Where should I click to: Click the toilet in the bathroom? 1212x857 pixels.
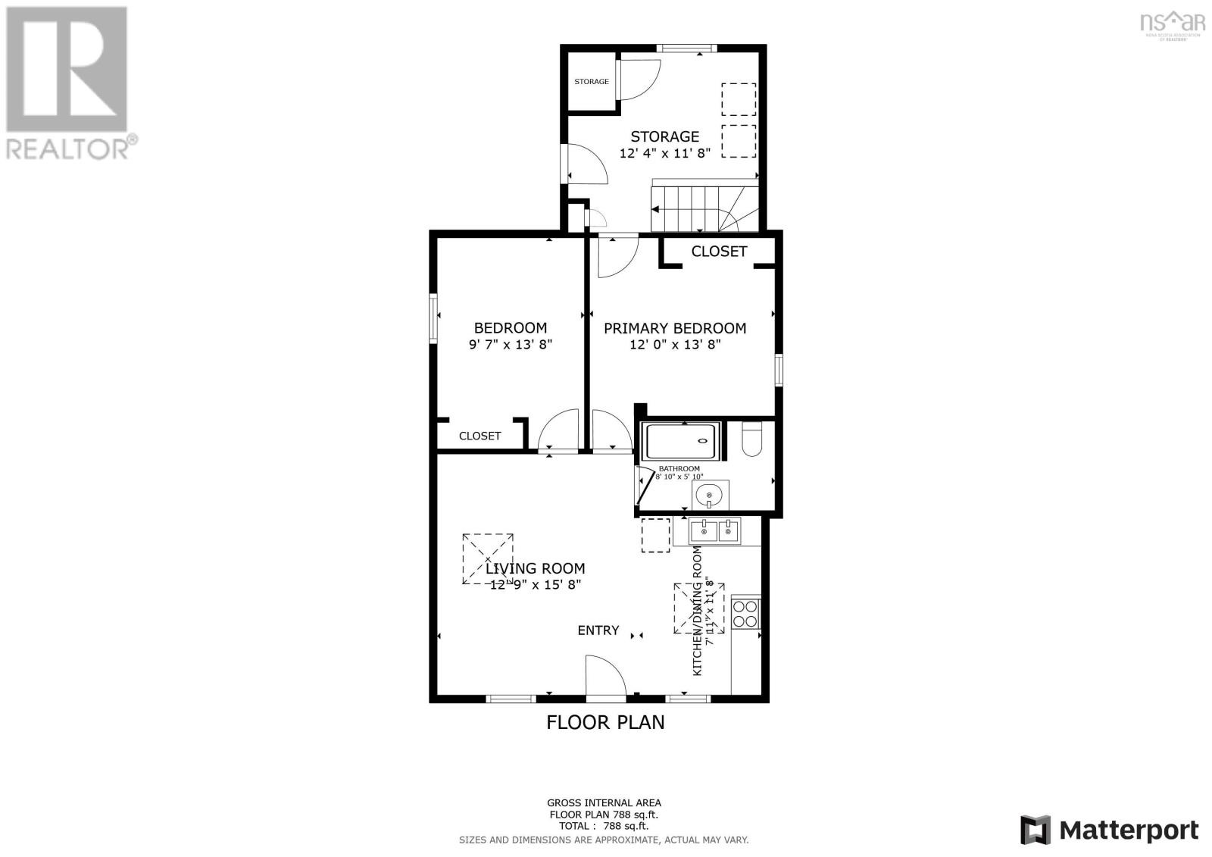tap(751, 439)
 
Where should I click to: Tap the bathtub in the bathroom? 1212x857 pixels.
tap(679, 441)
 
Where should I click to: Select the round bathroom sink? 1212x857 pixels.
tap(709, 496)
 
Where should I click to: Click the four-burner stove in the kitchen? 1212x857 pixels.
tap(745, 613)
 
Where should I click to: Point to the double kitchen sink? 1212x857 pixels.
tap(716, 531)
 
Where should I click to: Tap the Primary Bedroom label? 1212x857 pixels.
tap(674, 328)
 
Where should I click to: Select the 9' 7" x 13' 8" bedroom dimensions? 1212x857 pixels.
tap(511, 344)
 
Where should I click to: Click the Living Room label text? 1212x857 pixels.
tap(535, 568)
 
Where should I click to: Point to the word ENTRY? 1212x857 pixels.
tap(598, 630)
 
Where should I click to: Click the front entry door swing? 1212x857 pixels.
tap(604, 676)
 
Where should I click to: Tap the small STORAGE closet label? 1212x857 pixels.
tap(591, 82)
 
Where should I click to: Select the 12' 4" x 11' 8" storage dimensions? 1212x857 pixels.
tap(664, 153)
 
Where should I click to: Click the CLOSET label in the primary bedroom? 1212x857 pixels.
tap(719, 252)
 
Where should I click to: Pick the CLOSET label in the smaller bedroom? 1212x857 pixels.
tap(479, 436)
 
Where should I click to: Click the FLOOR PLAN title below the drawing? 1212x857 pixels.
tap(605, 722)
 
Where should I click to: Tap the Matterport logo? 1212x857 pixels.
tap(1109, 830)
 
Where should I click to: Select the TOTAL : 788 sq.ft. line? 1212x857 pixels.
tap(604, 827)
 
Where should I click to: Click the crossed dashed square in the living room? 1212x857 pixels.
tap(488, 558)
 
